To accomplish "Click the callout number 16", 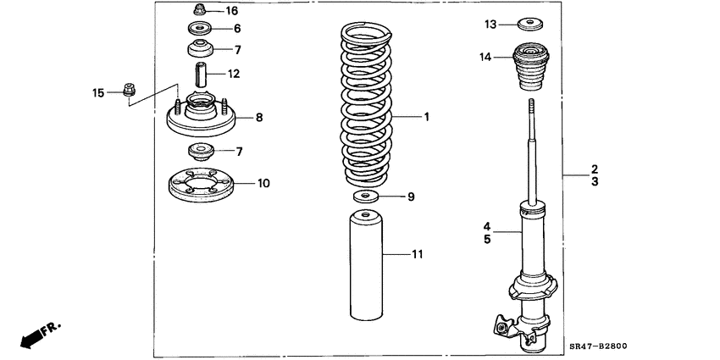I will click(232, 11).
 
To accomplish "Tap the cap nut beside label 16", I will click(200, 10).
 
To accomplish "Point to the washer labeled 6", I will click(200, 29).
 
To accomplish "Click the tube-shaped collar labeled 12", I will click(201, 74).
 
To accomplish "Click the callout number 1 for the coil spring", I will click(427, 117).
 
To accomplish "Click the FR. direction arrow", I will click(37, 334).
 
